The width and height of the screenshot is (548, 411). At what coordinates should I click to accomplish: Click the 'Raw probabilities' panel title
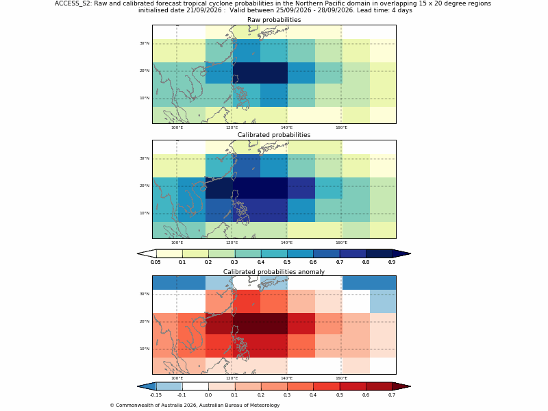click(274, 20)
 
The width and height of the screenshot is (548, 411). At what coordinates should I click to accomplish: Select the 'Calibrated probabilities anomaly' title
click(274, 272)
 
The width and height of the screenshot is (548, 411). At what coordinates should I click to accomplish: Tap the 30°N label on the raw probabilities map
click(145, 43)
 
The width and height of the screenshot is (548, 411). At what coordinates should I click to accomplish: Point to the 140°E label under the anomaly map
click(286, 378)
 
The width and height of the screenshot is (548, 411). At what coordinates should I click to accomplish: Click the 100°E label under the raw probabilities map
click(177, 127)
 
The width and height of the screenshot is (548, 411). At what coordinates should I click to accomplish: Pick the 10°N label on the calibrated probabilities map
click(145, 213)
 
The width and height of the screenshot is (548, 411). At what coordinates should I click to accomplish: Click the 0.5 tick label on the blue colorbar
click(287, 262)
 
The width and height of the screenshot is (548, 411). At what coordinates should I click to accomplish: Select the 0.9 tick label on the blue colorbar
click(392, 262)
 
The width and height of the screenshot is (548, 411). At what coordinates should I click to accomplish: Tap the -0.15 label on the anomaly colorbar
click(156, 395)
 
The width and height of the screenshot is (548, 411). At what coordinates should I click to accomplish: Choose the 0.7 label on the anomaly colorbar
click(392, 395)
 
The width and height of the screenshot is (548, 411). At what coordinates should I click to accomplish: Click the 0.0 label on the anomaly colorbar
click(208, 395)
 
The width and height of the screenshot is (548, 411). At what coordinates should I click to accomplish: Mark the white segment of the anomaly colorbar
click(195, 386)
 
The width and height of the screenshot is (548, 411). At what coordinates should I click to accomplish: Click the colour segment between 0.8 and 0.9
click(379, 253)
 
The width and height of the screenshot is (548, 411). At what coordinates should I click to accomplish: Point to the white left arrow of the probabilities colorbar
click(147, 253)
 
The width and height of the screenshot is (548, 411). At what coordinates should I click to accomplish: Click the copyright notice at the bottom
click(195, 406)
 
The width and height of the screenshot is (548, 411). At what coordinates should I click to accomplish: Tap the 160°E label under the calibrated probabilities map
click(341, 243)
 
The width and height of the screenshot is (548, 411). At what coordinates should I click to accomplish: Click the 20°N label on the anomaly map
click(145, 321)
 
